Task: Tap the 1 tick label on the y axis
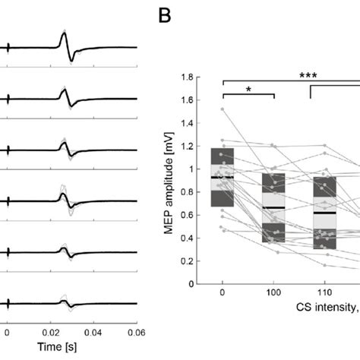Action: click(190, 169)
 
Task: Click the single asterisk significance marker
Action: click(248, 89)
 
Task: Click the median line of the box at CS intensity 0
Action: click(222, 177)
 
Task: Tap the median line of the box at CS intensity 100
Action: click(273, 207)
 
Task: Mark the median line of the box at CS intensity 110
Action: click(324, 213)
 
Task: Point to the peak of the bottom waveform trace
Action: click(63, 298)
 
